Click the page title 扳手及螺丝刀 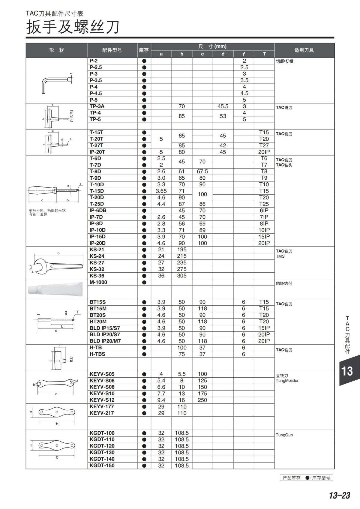pyautogui.click(x=73, y=27)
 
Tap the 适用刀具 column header pyautogui.click(x=304, y=50)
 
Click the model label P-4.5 pyautogui.click(x=96, y=93)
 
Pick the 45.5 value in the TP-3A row pyautogui.click(x=223, y=106)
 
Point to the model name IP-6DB pyautogui.click(x=98, y=211)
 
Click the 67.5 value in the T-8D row pyautogui.click(x=202, y=172)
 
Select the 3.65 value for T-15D pyautogui.click(x=161, y=191)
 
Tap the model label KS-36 pyautogui.click(x=97, y=276)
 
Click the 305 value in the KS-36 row pyautogui.click(x=181, y=276)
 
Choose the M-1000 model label pyautogui.click(x=98, y=282)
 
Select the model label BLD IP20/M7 pyautogui.click(x=105, y=341)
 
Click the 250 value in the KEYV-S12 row pyautogui.click(x=202, y=400)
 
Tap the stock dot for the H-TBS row pyautogui.click(x=144, y=354)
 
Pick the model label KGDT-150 pyautogui.click(x=102, y=466)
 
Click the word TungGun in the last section pyautogui.click(x=284, y=435)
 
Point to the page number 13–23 pyautogui.click(x=339, y=496)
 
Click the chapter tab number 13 pyautogui.click(x=347, y=371)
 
